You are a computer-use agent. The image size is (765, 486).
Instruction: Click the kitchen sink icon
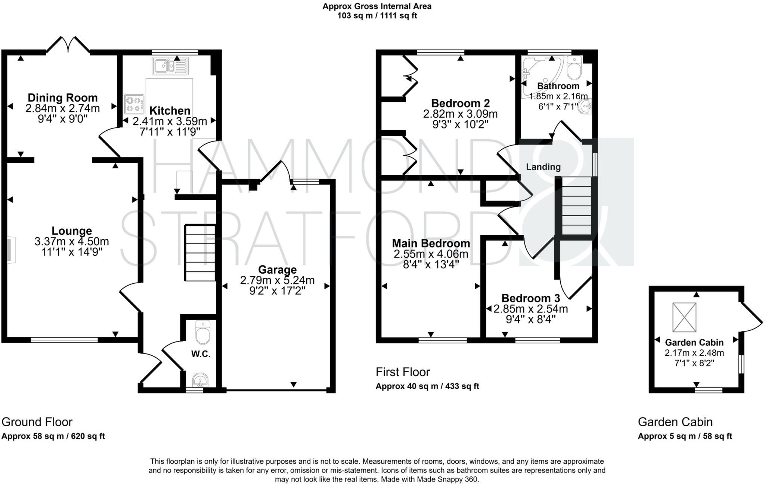point(170,66)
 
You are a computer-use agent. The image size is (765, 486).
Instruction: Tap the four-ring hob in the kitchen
point(134,104)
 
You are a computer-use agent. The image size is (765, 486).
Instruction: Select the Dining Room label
point(63,98)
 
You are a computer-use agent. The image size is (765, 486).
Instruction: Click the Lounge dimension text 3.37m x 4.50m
point(72,242)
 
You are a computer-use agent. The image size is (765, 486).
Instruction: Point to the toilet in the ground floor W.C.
point(203,332)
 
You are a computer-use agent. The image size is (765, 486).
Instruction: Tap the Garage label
point(277,270)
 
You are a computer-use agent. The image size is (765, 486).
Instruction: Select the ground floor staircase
point(200,253)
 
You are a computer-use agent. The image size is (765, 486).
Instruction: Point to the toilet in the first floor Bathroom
point(574,68)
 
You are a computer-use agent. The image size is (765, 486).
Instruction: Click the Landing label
point(543,167)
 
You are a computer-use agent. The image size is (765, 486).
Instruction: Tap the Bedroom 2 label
point(460,103)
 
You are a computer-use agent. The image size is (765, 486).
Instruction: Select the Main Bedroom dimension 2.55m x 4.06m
point(431,254)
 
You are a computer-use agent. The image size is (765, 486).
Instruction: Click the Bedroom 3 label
point(530,298)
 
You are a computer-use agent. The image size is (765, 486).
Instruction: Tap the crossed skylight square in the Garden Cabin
point(684,317)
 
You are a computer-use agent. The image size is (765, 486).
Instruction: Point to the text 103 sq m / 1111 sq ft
point(377,16)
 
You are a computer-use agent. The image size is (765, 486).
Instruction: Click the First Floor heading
point(403,372)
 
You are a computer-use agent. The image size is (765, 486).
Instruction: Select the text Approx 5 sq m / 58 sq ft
point(685,436)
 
